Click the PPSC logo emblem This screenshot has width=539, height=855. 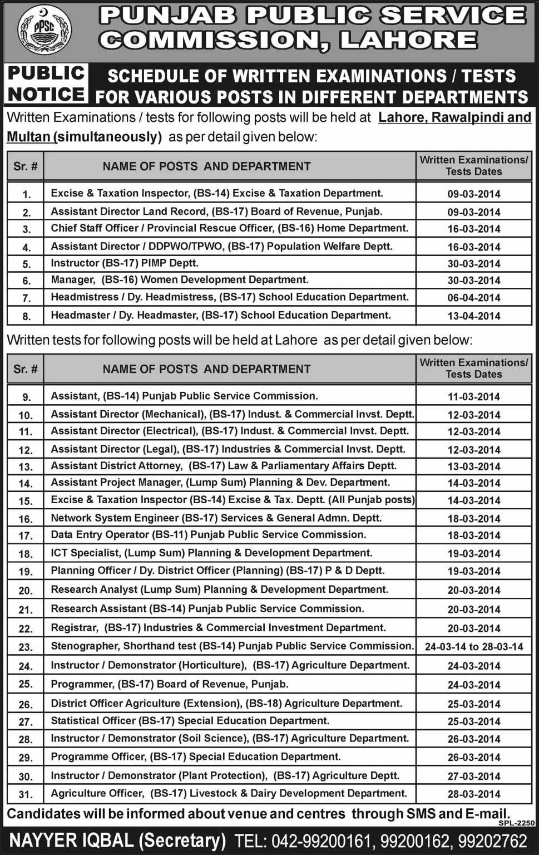pyautogui.click(x=44, y=31)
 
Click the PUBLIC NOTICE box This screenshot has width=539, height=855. pyautogui.click(x=47, y=83)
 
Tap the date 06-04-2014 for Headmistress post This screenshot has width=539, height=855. pyautogui.click(x=473, y=298)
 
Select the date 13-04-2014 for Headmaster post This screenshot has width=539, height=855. pyautogui.click(x=473, y=316)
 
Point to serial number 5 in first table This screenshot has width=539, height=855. pyautogui.click(x=26, y=264)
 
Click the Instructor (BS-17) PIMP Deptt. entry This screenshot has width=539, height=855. pyautogui.click(x=125, y=263)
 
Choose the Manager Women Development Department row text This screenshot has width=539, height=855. pyautogui.click(x=179, y=280)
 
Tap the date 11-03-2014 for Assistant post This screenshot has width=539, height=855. pyautogui.click(x=473, y=397)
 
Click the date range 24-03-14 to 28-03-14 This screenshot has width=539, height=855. pyautogui.click(x=473, y=647)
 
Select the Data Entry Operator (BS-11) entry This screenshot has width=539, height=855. pyautogui.click(x=208, y=535)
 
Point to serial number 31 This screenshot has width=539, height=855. pyautogui.click(x=26, y=795)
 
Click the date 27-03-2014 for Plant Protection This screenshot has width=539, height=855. pyautogui.click(x=473, y=777)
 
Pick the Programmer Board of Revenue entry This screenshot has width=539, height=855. pyautogui.click(x=169, y=684)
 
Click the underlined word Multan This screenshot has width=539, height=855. pyautogui.click(x=29, y=137)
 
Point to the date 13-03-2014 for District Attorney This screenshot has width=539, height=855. pyautogui.click(x=473, y=466)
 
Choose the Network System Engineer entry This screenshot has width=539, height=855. pyautogui.click(x=216, y=518)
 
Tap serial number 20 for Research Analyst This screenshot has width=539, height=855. pyautogui.click(x=26, y=591)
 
